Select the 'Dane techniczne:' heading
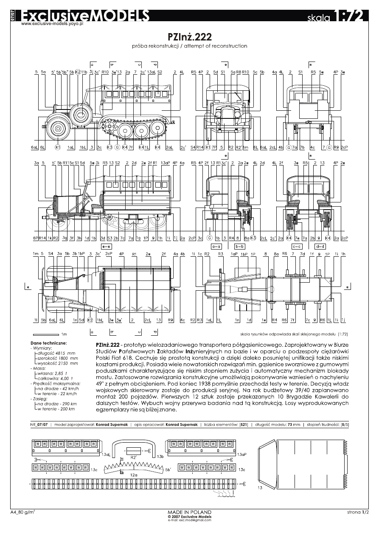click(48, 343)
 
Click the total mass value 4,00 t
click(62, 379)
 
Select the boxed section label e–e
click(106, 246)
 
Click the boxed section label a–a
click(216, 246)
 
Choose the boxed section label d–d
click(320, 246)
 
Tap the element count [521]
click(244, 424)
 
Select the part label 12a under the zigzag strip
click(134, 474)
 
